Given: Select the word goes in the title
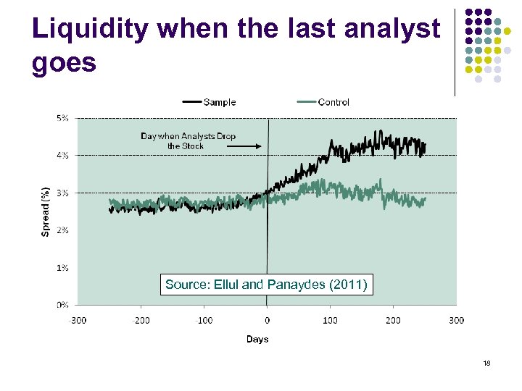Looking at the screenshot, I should pyautogui.click(x=64, y=63).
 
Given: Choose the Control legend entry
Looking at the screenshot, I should pyautogui.click(x=333, y=102).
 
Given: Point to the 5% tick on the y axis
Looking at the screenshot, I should pyautogui.click(x=63, y=117).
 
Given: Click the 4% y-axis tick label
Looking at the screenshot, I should pyautogui.click(x=63, y=155).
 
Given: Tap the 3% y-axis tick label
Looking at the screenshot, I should pyautogui.click(x=63, y=193).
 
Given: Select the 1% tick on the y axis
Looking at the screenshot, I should pyautogui.click(x=63, y=267).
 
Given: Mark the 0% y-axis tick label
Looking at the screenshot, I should pyautogui.click(x=63, y=305).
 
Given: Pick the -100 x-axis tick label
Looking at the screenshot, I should pyautogui.click(x=204, y=320).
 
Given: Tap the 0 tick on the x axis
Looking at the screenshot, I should pyautogui.click(x=267, y=320).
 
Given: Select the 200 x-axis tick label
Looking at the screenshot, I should pyautogui.click(x=393, y=320).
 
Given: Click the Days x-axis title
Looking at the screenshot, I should pyautogui.click(x=257, y=339).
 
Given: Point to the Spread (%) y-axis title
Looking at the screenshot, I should pyautogui.click(x=45, y=211).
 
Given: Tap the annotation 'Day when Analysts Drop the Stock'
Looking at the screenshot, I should pyautogui.click(x=188, y=140).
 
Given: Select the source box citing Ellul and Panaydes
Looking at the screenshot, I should pyautogui.click(x=266, y=285).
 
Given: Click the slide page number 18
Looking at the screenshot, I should pyautogui.click(x=486, y=363).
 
